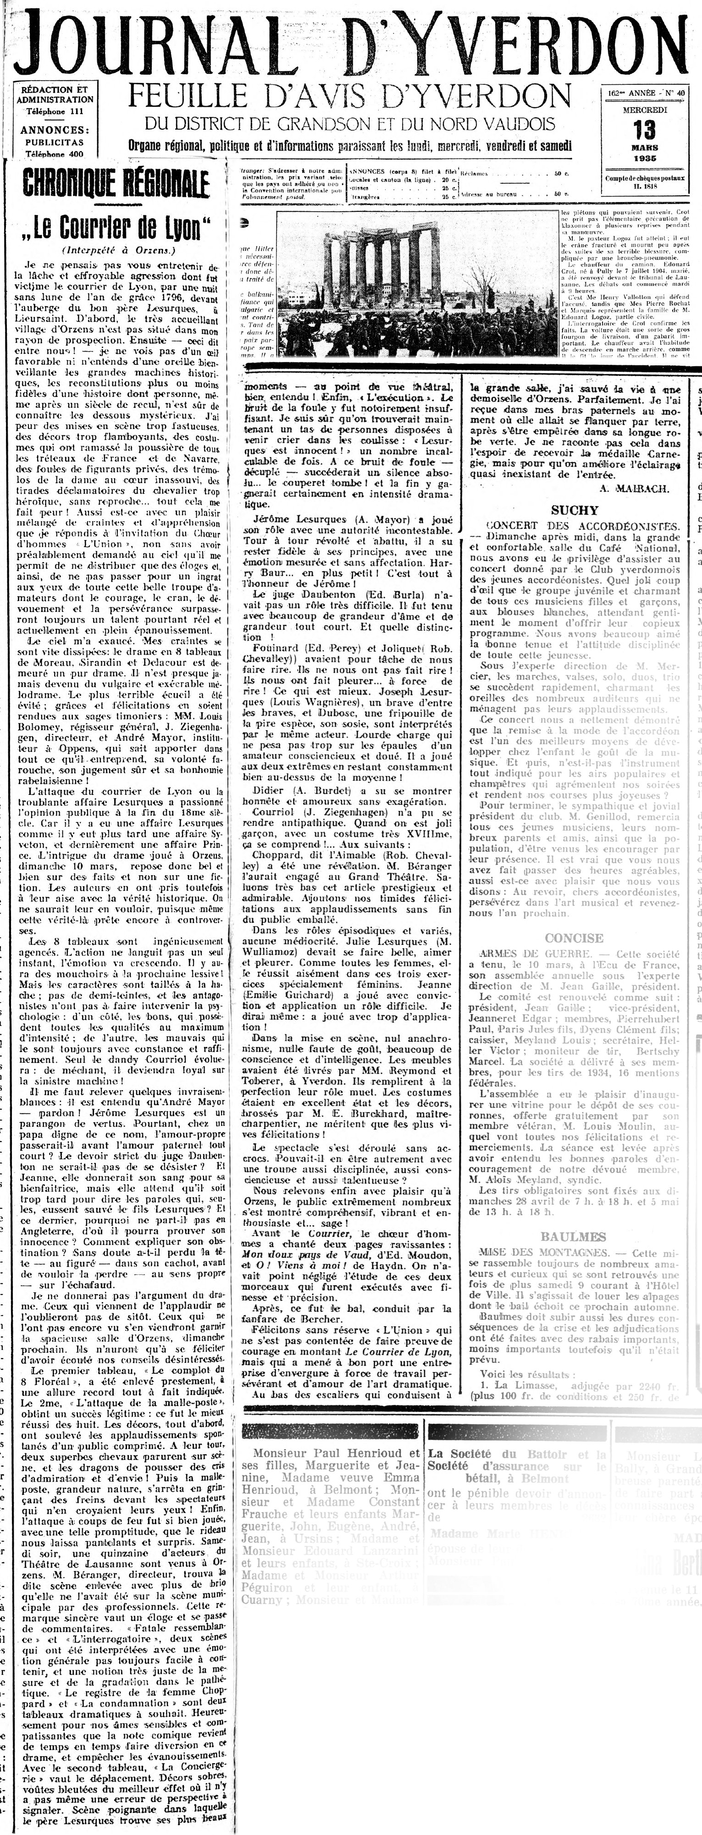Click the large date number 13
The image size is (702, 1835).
pyautogui.click(x=644, y=131)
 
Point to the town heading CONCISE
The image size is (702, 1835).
pyautogui.click(x=574, y=938)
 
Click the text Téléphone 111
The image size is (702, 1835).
pyautogui.click(x=55, y=112)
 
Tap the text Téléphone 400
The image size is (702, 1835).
pyautogui.click(x=55, y=153)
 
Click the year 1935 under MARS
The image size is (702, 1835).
pyautogui.click(x=644, y=157)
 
